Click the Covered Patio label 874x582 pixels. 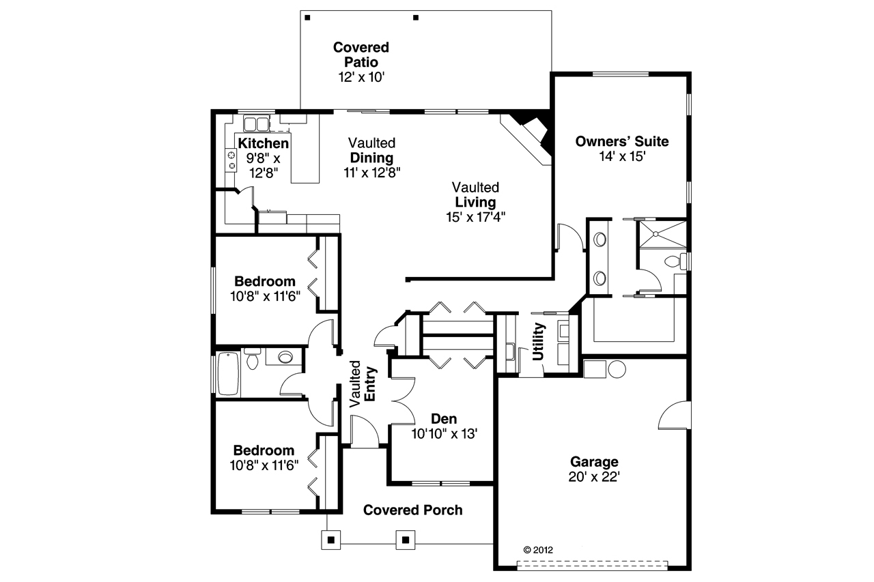[x=361, y=55]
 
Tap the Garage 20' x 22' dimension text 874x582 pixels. [x=593, y=477]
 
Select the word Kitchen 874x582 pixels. [x=263, y=143]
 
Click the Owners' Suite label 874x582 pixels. [x=621, y=142]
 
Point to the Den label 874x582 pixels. [x=444, y=419]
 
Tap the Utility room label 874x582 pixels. [x=539, y=341]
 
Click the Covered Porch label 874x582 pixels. [x=412, y=510]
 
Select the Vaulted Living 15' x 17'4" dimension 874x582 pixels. [x=475, y=217]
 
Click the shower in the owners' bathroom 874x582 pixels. [x=661, y=235]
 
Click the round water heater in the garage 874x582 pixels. [x=617, y=369]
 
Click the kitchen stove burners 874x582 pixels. [x=231, y=160]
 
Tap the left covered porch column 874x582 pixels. [x=331, y=540]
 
